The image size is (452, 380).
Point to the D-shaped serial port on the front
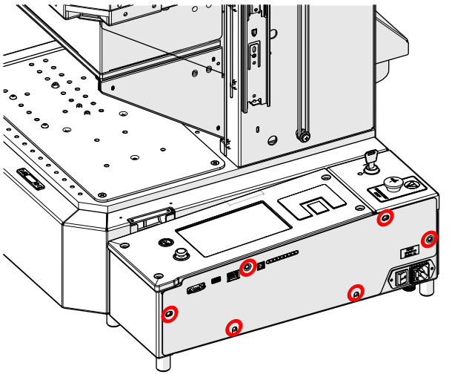[x=197, y=289]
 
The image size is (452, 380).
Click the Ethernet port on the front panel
[x=233, y=275]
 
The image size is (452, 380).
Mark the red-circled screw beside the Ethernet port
[x=249, y=266]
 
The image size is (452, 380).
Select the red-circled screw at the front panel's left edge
[x=170, y=314]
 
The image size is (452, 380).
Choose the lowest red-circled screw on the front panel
[x=234, y=327]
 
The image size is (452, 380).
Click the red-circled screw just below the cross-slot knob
[x=385, y=218]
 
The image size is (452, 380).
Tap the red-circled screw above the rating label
[x=429, y=239]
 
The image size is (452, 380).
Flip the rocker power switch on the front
[x=402, y=278]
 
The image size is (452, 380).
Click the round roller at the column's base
[x=303, y=136]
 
